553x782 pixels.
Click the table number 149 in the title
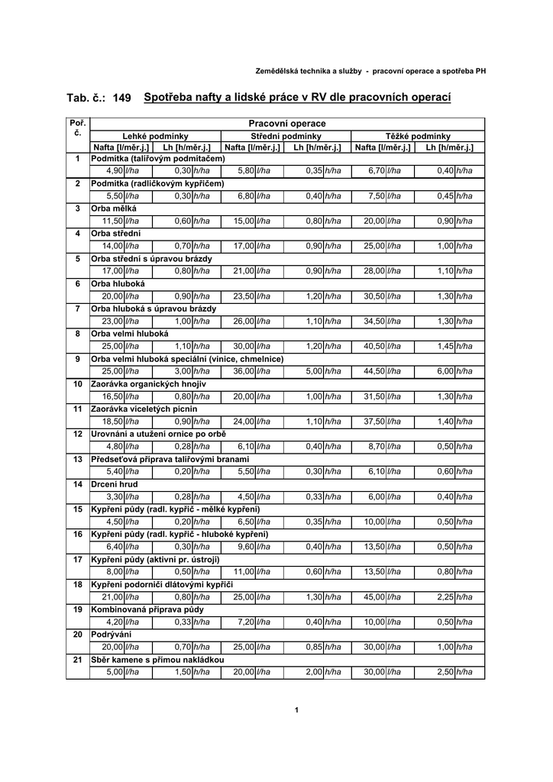tap(121, 99)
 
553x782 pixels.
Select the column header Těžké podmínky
tap(418, 135)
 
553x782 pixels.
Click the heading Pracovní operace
tap(287, 124)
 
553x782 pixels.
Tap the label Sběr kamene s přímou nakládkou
tap(157, 660)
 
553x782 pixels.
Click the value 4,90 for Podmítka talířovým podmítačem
tap(115, 171)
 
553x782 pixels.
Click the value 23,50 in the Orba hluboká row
tap(244, 296)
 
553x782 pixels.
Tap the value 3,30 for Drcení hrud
tap(115, 496)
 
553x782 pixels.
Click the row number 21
tap(77, 660)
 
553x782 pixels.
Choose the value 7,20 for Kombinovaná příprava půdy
tap(246, 622)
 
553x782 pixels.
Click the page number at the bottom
tap(296, 711)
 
